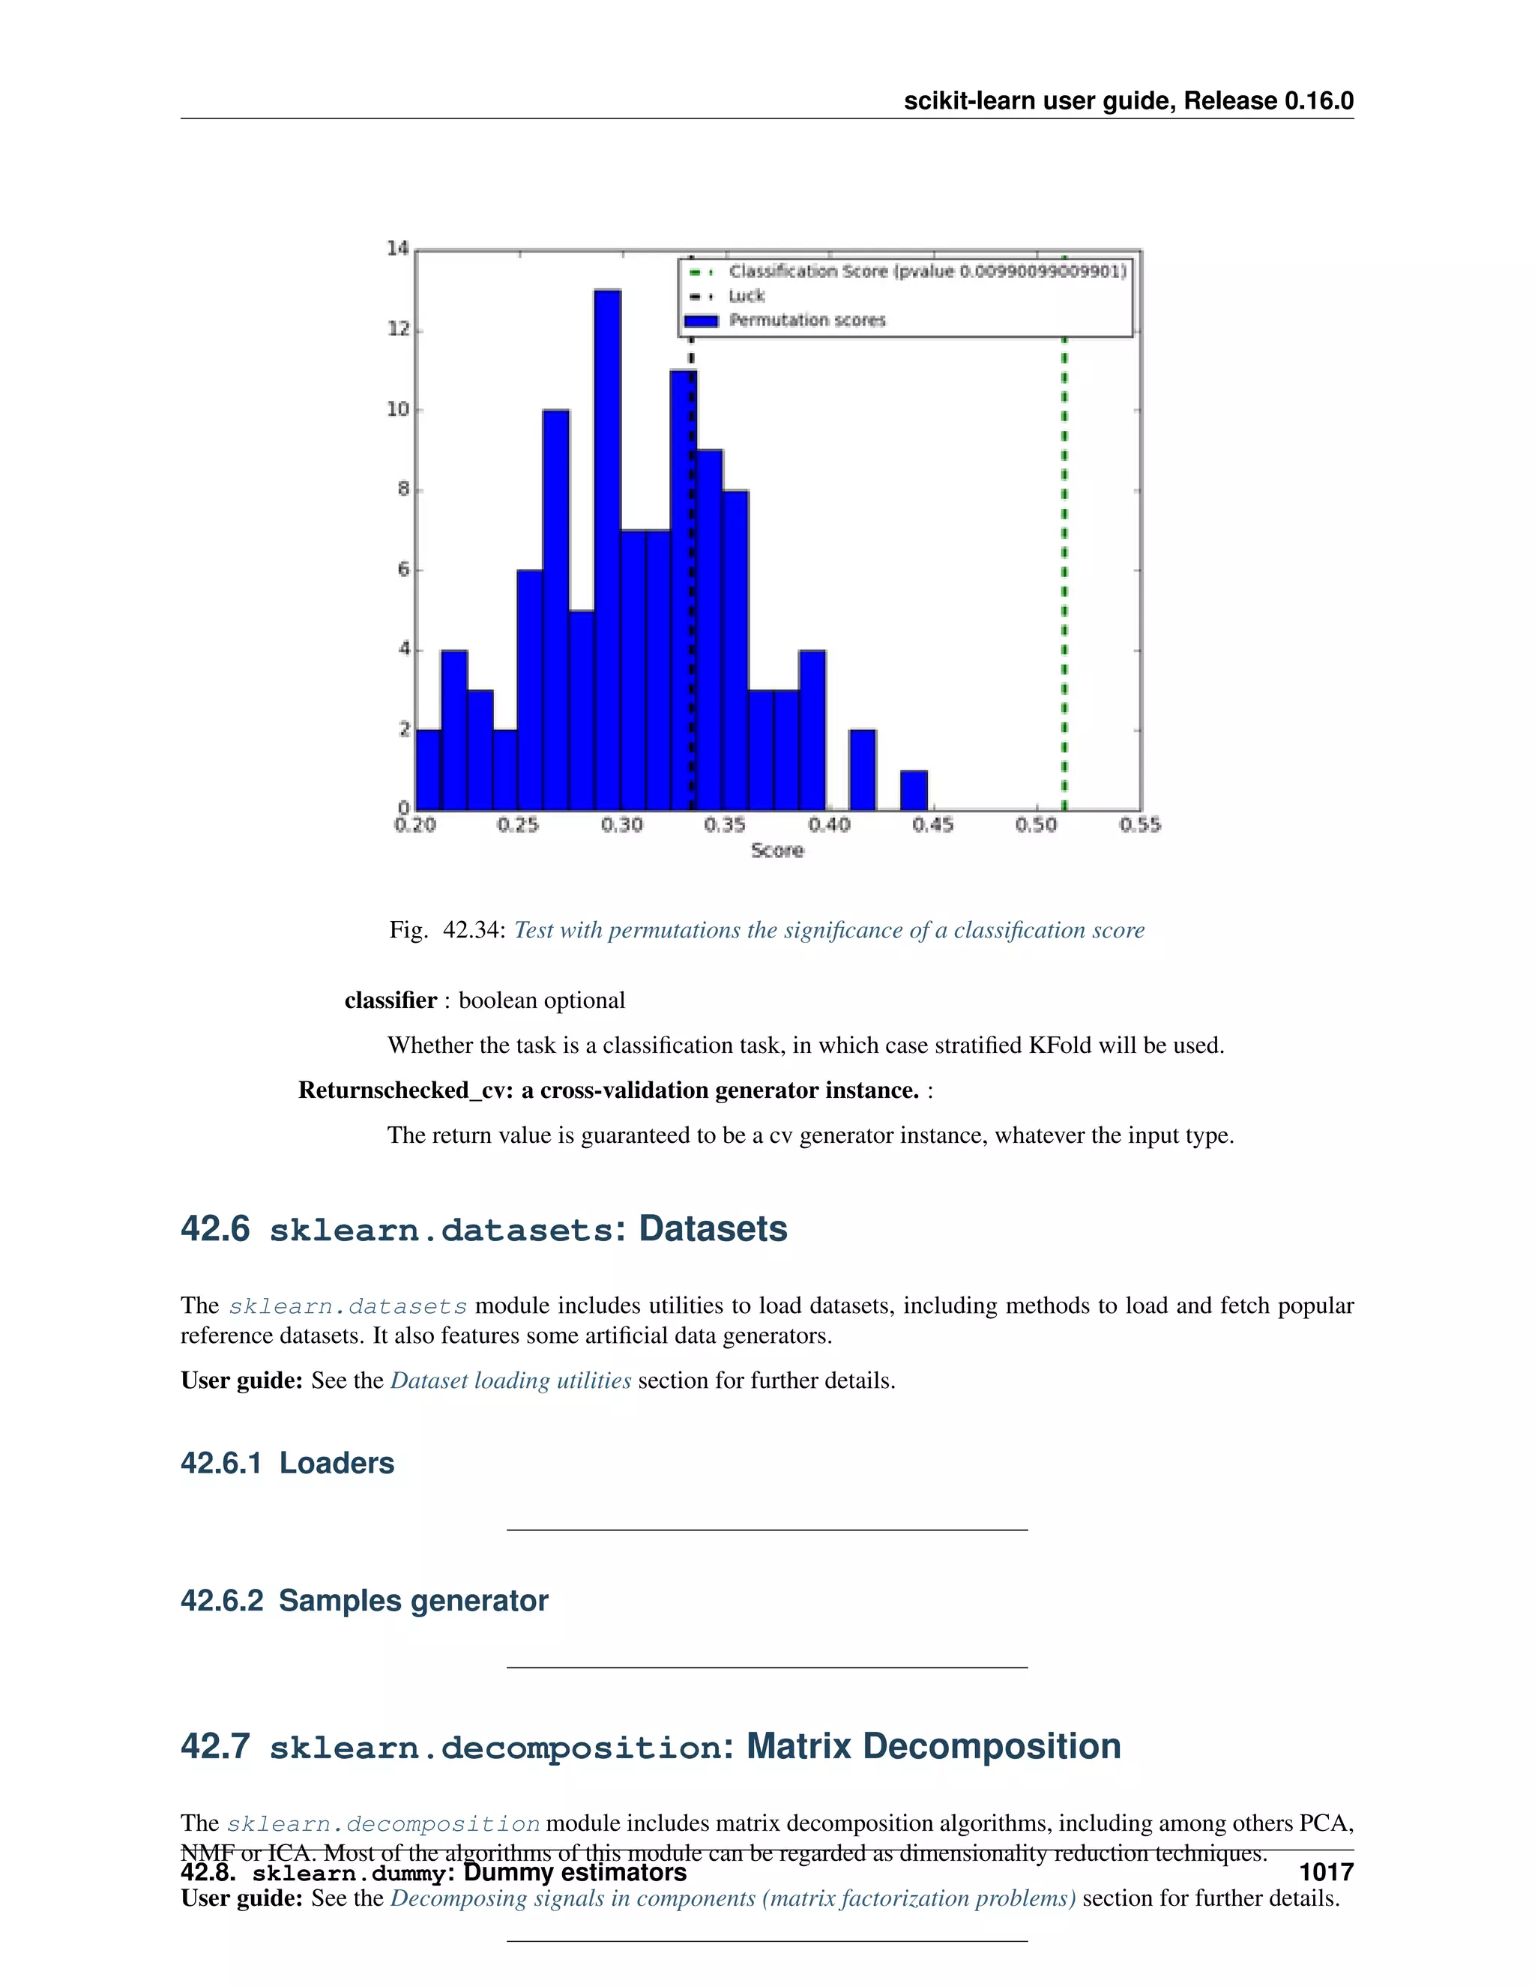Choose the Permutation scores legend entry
tap(806, 321)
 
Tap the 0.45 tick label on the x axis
tap(933, 825)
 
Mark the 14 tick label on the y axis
tap(397, 248)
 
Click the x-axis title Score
tap(777, 851)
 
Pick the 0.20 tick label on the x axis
tap(414, 825)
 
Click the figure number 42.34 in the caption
tap(473, 930)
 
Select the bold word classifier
tap(390, 1000)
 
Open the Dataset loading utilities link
tap(510, 1380)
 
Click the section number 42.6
tap(214, 1229)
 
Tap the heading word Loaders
tap(337, 1463)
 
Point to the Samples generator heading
tap(413, 1601)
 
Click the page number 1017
tap(1326, 1872)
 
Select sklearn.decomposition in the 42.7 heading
tap(495, 1748)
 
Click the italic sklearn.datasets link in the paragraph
tap(347, 1307)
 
